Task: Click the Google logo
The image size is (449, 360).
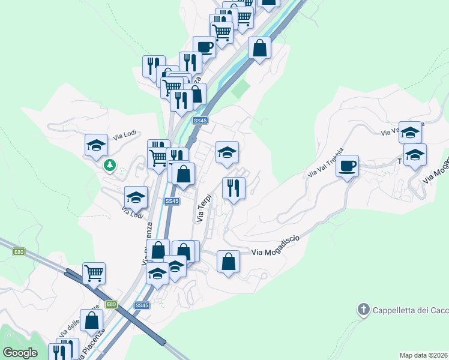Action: point(20,353)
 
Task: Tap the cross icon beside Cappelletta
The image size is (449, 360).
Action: point(363,310)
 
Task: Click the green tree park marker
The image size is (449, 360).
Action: point(109,164)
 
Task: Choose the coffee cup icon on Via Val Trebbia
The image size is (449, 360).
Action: point(347,165)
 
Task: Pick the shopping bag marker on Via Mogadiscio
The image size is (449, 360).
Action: point(228,262)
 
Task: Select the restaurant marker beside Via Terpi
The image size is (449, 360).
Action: point(234,188)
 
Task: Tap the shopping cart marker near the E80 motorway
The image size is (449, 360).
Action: point(94,273)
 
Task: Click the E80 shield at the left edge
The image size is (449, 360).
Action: point(19,252)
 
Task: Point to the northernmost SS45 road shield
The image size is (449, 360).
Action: point(200,121)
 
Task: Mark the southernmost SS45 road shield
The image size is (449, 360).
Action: point(142,305)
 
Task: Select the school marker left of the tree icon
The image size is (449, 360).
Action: point(96,145)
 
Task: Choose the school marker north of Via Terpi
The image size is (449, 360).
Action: point(228,152)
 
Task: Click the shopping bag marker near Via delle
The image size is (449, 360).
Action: point(92,321)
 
